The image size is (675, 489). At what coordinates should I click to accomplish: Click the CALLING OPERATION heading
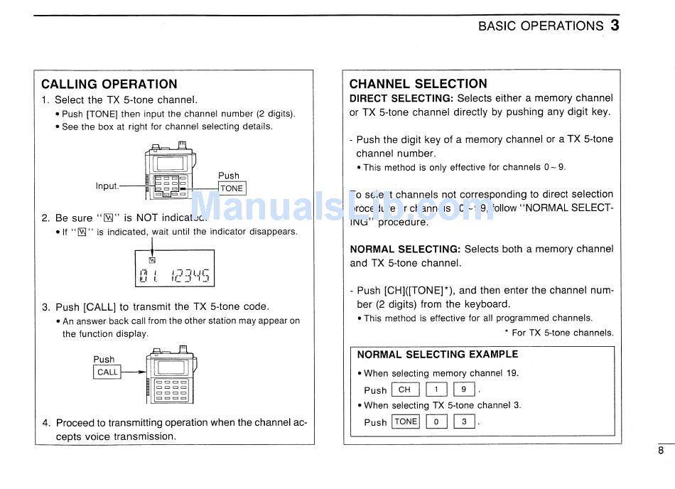point(109,84)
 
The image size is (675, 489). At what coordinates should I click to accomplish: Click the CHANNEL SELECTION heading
point(418,84)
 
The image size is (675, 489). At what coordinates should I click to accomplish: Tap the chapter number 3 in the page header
point(615,26)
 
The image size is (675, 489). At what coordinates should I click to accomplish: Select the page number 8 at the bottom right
point(660,450)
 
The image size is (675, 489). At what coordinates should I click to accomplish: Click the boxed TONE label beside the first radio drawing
point(232,188)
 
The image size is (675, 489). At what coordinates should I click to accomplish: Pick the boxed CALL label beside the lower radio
point(108,372)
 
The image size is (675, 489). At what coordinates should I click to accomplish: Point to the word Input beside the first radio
point(107,186)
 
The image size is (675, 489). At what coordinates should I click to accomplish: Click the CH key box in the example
point(404,389)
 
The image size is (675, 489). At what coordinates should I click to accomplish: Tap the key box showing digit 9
point(463,389)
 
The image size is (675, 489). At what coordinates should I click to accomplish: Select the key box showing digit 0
point(436,421)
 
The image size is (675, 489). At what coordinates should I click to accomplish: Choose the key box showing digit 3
point(463,421)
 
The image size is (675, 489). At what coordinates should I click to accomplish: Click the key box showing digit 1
point(436,389)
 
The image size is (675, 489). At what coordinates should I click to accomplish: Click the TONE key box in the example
point(406,421)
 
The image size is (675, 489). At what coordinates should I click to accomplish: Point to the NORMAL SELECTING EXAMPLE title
point(437,355)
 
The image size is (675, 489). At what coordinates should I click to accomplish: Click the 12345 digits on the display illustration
point(190,275)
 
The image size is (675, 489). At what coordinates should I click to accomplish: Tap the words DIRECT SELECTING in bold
point(401,98)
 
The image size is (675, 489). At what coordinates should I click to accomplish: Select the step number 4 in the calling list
point(45,423)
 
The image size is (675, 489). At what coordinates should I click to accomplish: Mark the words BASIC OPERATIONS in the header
point(540,26)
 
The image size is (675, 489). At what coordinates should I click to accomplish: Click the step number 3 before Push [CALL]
point(45,307)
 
